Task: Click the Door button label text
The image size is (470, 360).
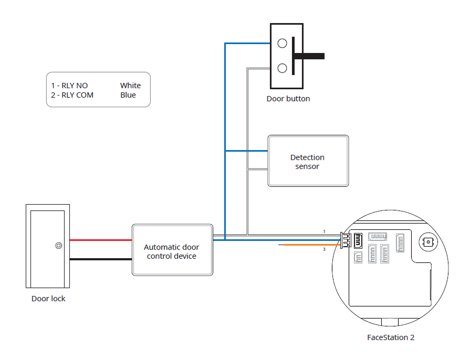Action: tap(288, 99)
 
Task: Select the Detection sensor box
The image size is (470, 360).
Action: tap(308, 161)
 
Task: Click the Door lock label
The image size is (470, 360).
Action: tap(48, 299)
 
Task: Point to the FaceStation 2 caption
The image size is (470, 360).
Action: tap(390, 337)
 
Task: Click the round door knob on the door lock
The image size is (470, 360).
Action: tap(58, 245)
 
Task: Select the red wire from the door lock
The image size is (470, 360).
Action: tap(100, 240)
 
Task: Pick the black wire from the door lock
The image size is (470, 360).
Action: tap(100, 259)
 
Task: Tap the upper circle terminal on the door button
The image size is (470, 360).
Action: tap(282, 44)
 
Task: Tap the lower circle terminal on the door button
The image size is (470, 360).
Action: tap(282, 68)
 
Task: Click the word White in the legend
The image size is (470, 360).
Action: tap(130, 86)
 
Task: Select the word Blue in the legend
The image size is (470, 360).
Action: tap(128, 95)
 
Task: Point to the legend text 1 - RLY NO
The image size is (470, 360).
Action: tap(69, 86)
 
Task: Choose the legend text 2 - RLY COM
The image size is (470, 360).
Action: tap(72, 95)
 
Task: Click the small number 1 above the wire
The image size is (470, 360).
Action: tap(324, 231)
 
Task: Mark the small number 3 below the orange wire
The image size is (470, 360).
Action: tap(324, 249)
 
